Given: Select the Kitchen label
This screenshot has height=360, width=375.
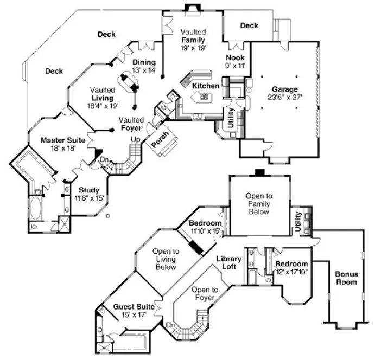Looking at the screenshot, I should point(206,86).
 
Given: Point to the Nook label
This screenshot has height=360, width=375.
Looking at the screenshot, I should point(236,57).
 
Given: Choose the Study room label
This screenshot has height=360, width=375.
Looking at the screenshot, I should point(89,190).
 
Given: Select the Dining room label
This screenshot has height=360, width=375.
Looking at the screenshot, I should point(144,62).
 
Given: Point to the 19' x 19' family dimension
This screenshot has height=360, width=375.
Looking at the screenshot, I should point(193,48).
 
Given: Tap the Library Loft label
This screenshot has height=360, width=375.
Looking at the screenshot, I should point(228,262).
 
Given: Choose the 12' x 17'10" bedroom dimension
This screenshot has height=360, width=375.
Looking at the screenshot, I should point(293,258).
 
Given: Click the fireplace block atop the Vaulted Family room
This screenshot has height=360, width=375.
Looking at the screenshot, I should point(192,7).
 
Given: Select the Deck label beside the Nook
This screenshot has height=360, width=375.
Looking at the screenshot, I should point(249,25).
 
